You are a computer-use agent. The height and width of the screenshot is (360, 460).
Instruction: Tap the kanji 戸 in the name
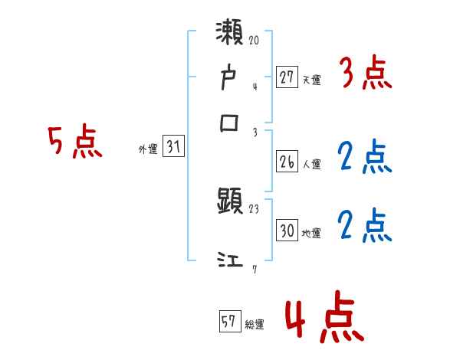[229, 80]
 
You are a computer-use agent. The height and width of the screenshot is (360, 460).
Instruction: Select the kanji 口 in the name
[229, 123]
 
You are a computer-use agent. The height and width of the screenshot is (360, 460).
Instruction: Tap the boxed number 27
[287, 78]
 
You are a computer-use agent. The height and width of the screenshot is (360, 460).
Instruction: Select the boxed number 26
[287, 162]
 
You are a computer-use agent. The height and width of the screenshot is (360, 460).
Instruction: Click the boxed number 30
[287, 231]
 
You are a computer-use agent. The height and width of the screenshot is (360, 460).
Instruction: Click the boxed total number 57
[230, 322]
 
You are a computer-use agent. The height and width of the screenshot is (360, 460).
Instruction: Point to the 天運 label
[311, 80]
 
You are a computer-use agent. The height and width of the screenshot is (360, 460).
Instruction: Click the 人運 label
[311, 163]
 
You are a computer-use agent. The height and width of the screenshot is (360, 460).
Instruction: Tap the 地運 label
[311, 232]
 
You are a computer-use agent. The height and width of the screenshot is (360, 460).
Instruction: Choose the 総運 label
[255, 324]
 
